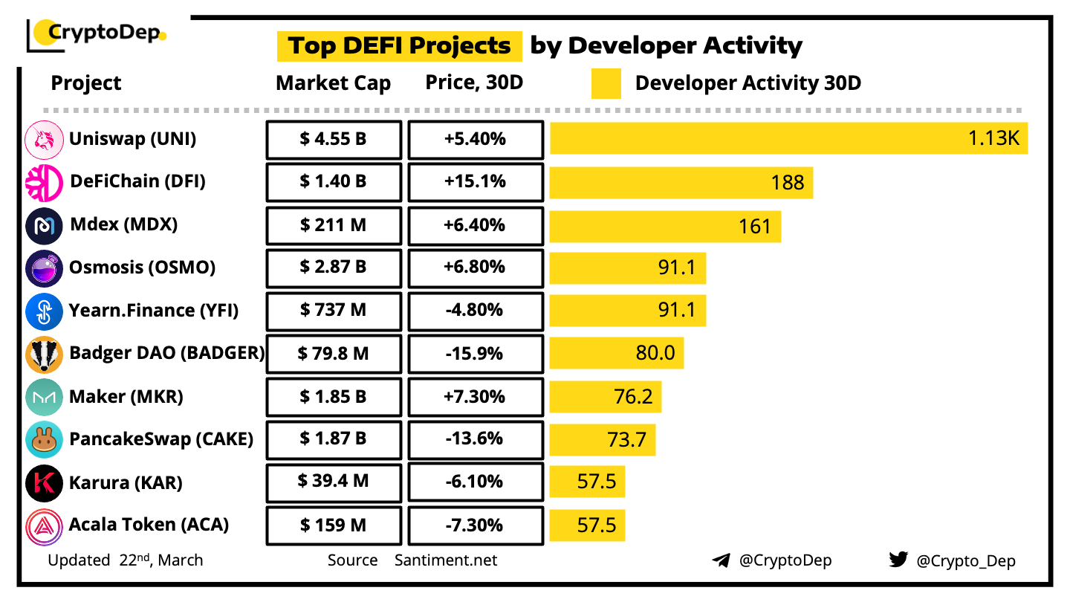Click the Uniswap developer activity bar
click(x=788, y=139)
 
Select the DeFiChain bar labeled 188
click(x=681, y=182)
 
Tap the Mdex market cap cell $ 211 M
click(x=334, y=224)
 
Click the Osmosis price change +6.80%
click(x=476, y=267)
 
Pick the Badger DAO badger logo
click(x=44, y=355)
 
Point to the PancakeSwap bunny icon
click(x=44, y=439)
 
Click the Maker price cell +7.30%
click(x=476, y=396)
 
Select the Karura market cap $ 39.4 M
click(x=334, y=482)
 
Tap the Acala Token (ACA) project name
click(x=149, y=525)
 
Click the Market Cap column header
click(x=333, y=83)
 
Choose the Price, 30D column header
click(x=474, y=82)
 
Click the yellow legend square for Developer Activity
click(x=606, y=83)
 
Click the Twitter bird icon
click(x=898, y=560)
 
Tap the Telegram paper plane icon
click(x=721, y=560)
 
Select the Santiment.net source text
click(x=446, y=560)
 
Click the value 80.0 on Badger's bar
click(x=655, y=353)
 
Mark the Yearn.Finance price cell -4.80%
click(x=476, y=310)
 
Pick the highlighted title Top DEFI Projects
click(x=400, y=45)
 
